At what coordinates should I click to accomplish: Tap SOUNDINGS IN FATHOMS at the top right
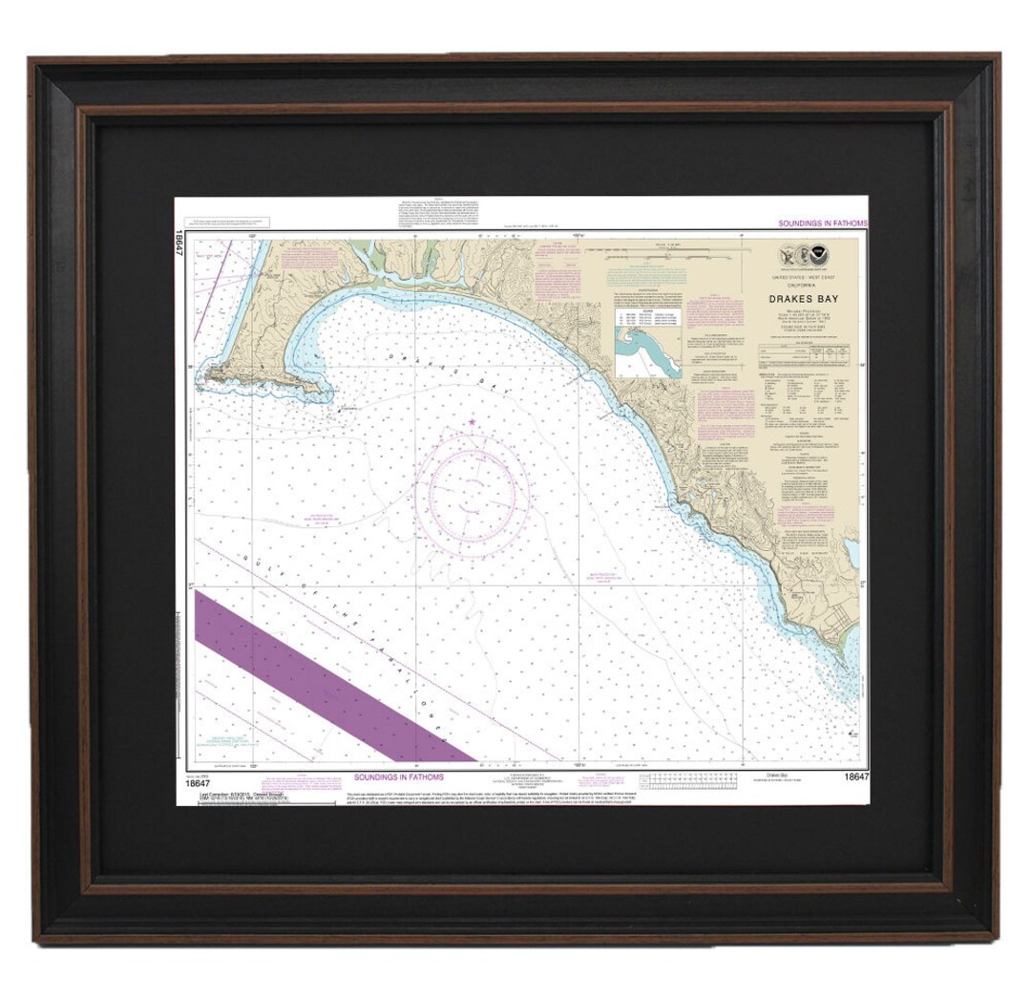(818, 222)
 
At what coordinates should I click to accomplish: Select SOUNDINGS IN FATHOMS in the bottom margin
(395, 777)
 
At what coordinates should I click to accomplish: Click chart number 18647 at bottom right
(855, 777)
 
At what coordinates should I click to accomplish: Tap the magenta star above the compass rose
(472, 422)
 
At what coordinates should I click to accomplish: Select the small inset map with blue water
(647, 353)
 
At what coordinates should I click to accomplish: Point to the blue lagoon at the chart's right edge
(850, 552)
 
